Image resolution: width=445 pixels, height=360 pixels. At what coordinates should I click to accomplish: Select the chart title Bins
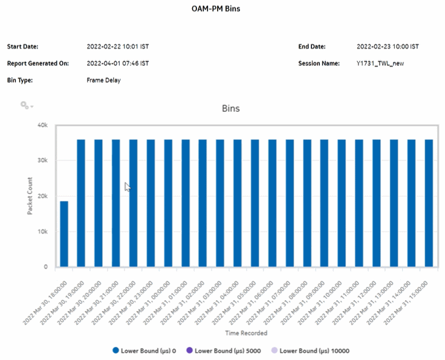(230, 108)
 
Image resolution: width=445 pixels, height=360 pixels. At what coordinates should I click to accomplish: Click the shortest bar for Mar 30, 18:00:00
(63, 234)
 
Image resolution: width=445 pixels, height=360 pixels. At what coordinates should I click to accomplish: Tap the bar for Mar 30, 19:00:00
(81, 203)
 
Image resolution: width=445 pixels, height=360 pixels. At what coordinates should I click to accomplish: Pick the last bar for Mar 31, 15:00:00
(429, 203)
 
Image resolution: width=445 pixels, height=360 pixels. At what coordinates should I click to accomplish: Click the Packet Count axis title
(30, 195)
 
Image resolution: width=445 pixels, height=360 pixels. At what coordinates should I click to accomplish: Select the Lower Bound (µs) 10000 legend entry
(310, 350)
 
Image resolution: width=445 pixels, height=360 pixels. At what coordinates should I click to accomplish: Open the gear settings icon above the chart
(25, 105)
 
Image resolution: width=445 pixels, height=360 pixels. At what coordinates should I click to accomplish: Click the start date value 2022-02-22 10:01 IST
(118, 47)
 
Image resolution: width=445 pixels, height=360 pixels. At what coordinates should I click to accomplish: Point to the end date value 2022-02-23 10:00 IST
(388, 47)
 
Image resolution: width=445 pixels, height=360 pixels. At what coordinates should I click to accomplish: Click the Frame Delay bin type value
(103, 80)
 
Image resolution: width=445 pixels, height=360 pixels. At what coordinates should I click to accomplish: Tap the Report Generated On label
(37, 64)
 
